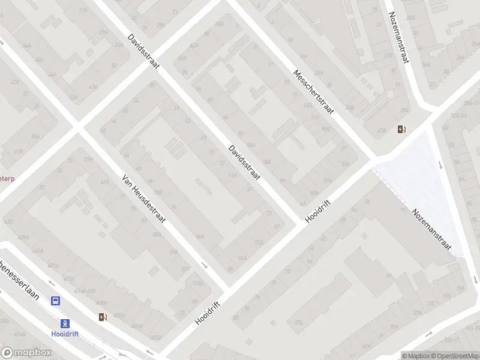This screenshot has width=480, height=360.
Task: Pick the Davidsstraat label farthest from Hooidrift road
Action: tap(143, 51)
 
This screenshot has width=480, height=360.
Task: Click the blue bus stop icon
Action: tap(55, 301)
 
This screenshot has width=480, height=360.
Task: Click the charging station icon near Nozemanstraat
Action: tap(401, 128)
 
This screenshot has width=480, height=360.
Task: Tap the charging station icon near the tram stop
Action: tap(103, 317)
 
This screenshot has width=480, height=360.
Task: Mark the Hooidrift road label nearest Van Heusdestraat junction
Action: tap(208, 313)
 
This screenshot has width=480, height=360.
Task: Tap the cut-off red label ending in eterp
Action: tap(7, 178)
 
